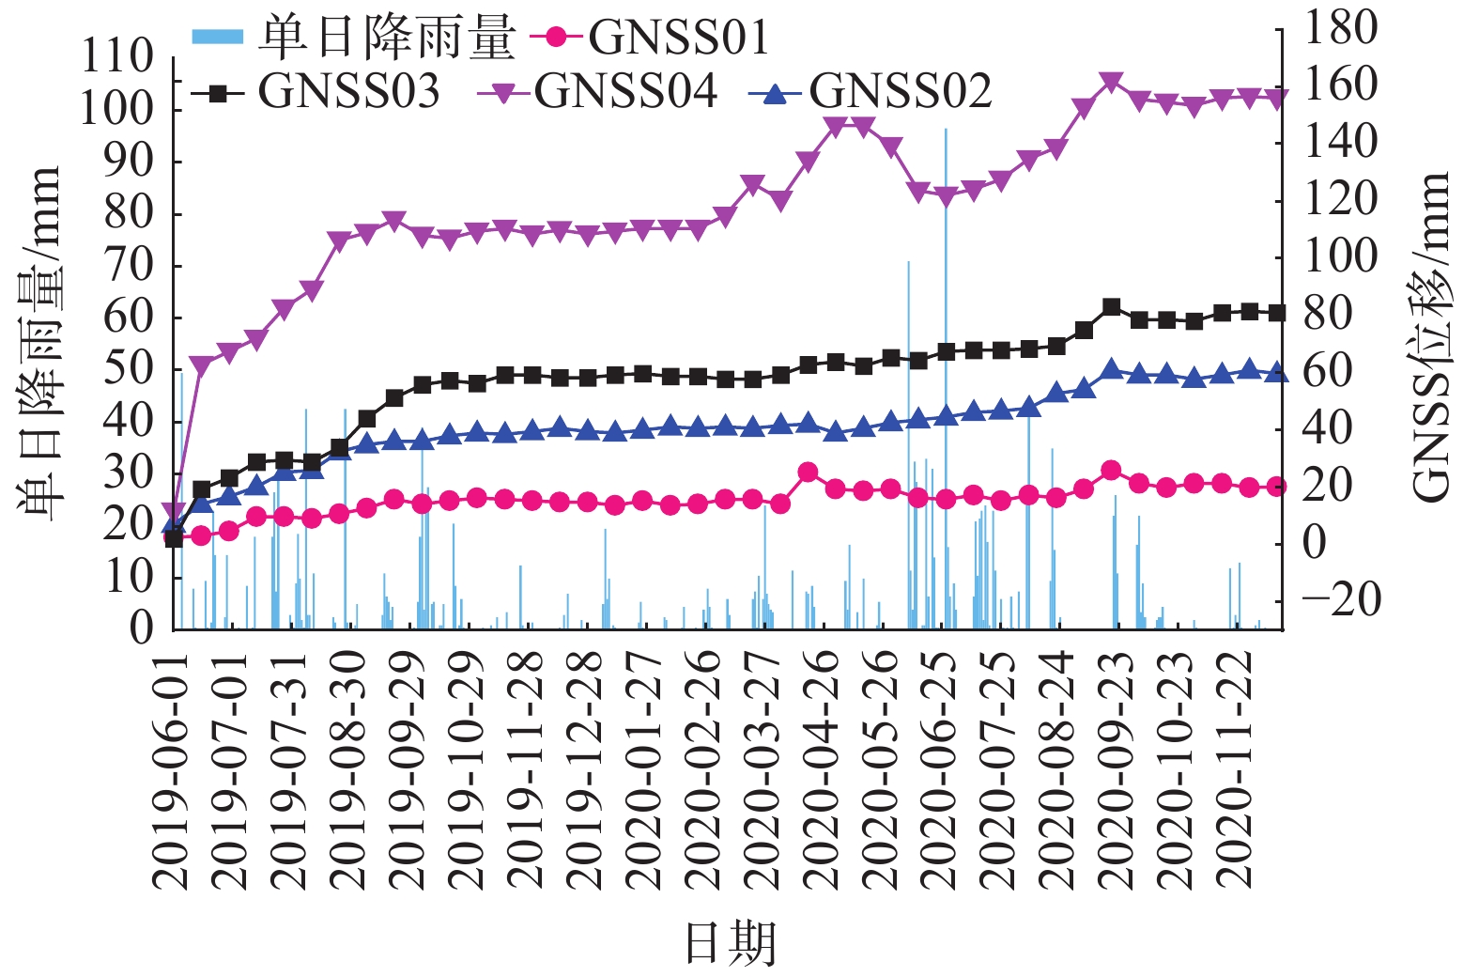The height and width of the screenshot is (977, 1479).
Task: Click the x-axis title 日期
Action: pos(731,943)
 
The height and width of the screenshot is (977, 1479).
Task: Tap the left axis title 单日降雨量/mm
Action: pos(39,343)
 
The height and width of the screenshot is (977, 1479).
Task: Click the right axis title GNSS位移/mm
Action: pos(1431,338)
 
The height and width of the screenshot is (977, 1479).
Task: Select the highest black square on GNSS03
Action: pos(1111,307)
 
